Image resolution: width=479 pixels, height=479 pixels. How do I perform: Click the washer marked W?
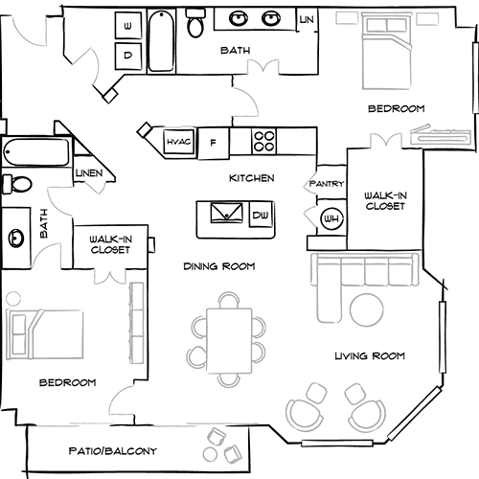pos(128,26)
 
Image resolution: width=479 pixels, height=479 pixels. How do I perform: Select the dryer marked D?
pos(128,56)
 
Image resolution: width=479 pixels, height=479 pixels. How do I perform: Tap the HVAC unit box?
pos(179,142)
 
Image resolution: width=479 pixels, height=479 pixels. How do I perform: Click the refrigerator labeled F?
pos(214,143)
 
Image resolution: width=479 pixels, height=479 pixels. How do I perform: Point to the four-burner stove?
pos(263,141)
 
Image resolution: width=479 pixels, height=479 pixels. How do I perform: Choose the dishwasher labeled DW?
pos(261,215)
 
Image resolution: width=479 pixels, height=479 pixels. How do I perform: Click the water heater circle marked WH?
pos(331,219)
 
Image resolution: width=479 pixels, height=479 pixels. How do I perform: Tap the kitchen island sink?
pos(226,213)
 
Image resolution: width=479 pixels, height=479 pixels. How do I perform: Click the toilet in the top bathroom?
pos(195,23)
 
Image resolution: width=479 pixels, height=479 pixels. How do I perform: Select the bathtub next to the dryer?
pos(162,41)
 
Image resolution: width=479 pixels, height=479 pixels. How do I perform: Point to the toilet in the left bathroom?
pos(17,184)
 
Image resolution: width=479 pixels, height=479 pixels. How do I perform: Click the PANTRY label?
pos(327,184)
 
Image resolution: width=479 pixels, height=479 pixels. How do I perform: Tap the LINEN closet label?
pos(89,173)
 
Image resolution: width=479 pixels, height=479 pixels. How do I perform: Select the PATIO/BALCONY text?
pos(113,451)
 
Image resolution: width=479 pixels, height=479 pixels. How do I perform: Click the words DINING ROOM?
pos(219,266)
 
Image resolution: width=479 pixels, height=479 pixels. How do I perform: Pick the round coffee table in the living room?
pos(367,309)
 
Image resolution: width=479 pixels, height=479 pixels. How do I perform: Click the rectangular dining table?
pos(229,341)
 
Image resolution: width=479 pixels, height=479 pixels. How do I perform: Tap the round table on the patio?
pos(210,454)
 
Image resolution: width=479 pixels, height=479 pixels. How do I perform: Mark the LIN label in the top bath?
pos(307,20)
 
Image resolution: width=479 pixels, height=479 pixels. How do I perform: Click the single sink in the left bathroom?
pos(16,238)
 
